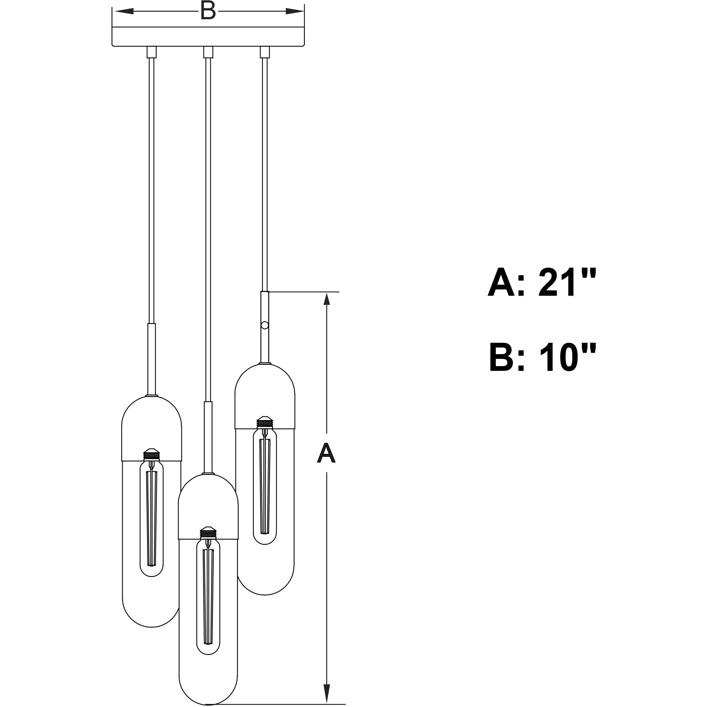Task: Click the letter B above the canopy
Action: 208,11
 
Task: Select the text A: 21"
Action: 542,282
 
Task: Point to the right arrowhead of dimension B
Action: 294,11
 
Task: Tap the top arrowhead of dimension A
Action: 327,300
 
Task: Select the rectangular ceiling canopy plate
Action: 208,37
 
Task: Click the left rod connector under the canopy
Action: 151,52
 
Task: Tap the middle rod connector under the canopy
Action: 208,52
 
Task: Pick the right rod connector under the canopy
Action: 264,52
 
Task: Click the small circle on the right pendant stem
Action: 265,325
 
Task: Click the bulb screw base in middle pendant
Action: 208,532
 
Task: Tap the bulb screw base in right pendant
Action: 265,422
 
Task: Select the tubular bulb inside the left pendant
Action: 152,520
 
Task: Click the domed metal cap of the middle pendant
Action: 208,507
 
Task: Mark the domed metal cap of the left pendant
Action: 151,428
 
